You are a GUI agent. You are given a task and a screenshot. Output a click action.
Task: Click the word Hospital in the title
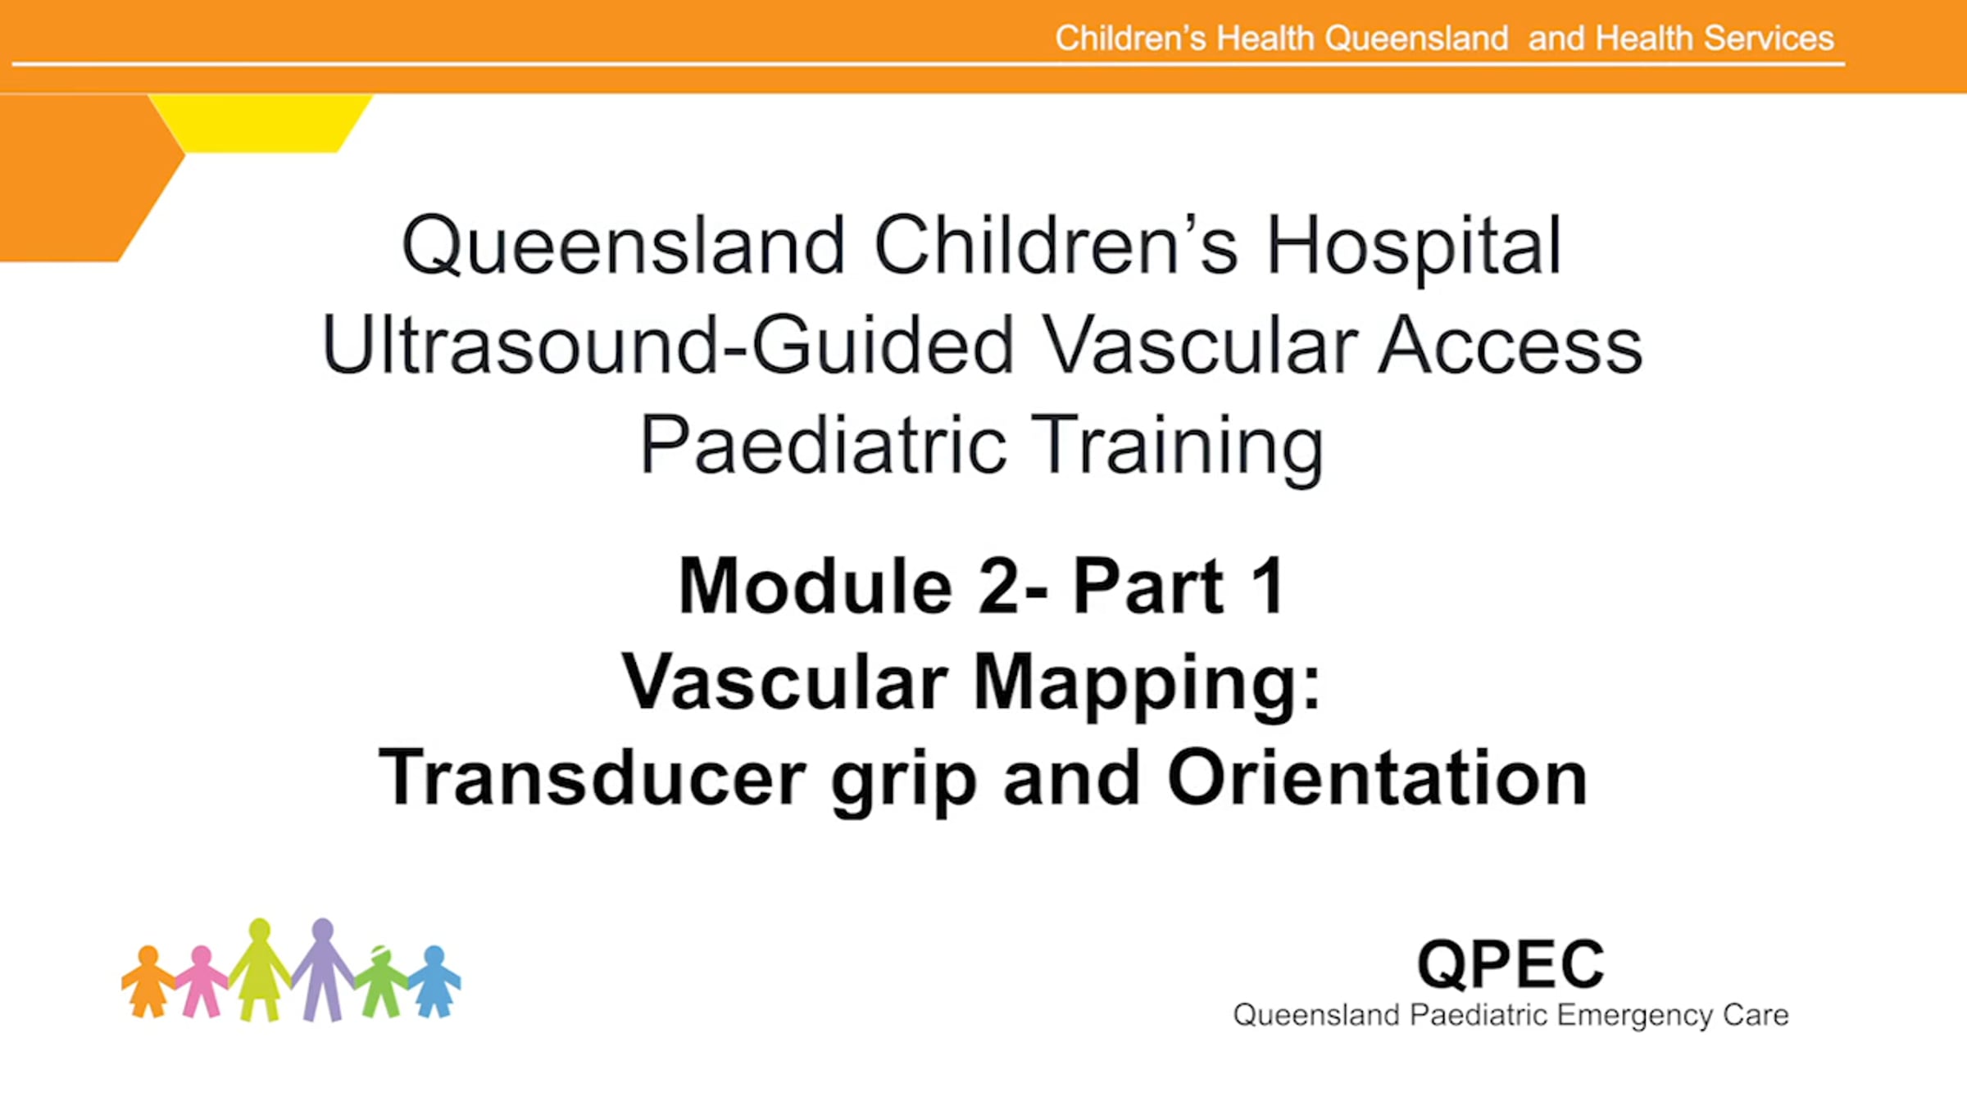coord(1414,246)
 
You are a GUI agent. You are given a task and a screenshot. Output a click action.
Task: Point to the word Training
coord(1177,447)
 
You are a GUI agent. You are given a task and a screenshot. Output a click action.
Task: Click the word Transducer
coord(592,777)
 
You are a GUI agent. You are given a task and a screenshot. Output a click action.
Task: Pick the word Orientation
coord(1377,777)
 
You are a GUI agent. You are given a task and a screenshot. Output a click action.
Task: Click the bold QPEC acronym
coord(1510,964)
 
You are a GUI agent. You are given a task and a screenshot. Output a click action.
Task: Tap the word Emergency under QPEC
coord(1634,1016)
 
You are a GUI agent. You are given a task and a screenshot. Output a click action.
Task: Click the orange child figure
coord(148,981)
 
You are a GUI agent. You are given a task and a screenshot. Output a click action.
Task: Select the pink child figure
coord(202,981)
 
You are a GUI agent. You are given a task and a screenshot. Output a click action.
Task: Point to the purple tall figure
coord(323,969)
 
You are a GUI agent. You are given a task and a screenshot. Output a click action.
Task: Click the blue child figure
coord(434,981)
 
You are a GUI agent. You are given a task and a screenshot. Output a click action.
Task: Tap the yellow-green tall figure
coord(260,969)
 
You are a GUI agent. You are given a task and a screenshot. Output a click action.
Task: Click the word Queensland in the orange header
coord(1416,39)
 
